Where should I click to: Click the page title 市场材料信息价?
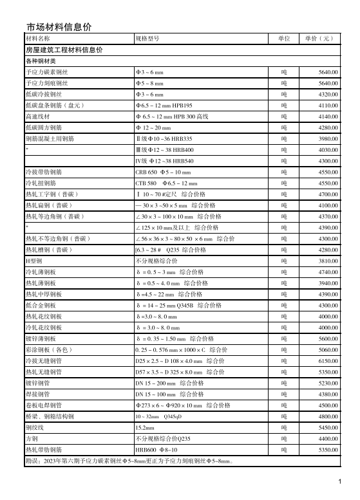point(59,26)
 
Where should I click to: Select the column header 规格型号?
point(147,39)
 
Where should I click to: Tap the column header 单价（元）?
point(319,39)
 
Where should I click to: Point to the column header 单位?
point(284,39)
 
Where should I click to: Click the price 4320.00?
point(328,94)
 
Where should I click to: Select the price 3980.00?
point(328,138)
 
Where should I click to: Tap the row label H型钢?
point(33,261)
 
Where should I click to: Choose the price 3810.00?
point(328,261)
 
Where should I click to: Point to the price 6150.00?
point(328,361)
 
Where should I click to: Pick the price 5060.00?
point(328,350)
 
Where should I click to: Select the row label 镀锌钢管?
point(37,384)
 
